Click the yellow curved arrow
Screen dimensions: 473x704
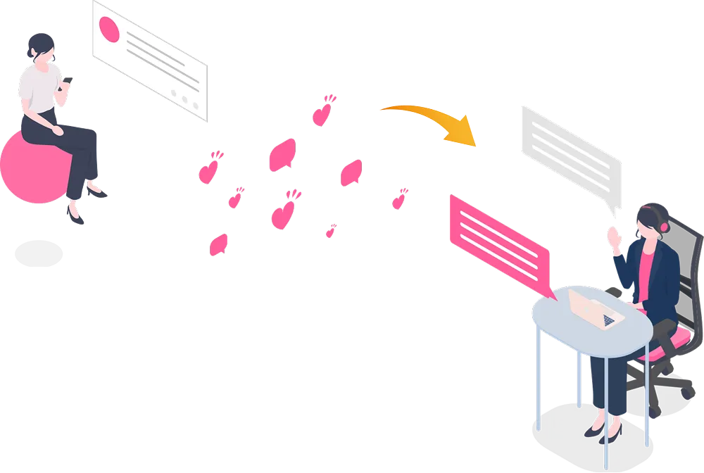click(x=422, y=116)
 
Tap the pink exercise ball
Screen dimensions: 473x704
click(x=32, y=169)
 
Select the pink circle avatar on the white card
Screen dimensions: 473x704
click(x=110, y=29)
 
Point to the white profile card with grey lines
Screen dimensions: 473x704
click(x=151, y=60)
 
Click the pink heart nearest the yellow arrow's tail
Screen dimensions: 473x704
click(x=322, y=112)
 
